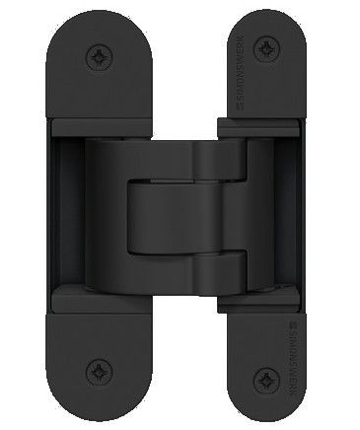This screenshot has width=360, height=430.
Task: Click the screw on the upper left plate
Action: click(98, 53)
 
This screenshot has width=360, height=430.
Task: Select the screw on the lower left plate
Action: click(98, 372)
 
